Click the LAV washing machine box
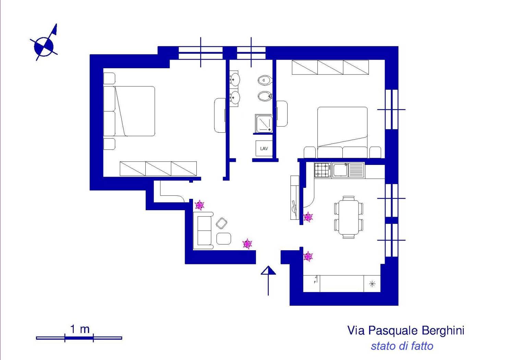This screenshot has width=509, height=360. click(x=264, y=148)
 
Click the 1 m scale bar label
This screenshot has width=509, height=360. click(x=80, y=329)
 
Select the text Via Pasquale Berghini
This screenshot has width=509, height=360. click(x=405, y=331)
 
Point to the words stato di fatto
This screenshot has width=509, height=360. click(x=402, y=346)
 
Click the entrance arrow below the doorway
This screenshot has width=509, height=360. click(x=268, y=279)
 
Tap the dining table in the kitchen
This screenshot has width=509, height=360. click(x=349, y=217)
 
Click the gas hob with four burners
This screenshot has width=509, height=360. click(x=323, y=170)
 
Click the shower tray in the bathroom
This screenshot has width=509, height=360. click(x=264, y=123)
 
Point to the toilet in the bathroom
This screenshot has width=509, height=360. click(x=265, y=80)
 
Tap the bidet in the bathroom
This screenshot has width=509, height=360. click(x=264, y=96)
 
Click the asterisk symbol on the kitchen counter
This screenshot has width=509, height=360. click(x=372, y=284)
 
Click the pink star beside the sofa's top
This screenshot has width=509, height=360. click(x=199, y=205)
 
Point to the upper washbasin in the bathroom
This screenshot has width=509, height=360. click(x=235, y=80)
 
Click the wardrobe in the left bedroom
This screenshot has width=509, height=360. click(x=158, y=169)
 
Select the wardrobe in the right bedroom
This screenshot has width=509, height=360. click(x=330, y=67)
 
